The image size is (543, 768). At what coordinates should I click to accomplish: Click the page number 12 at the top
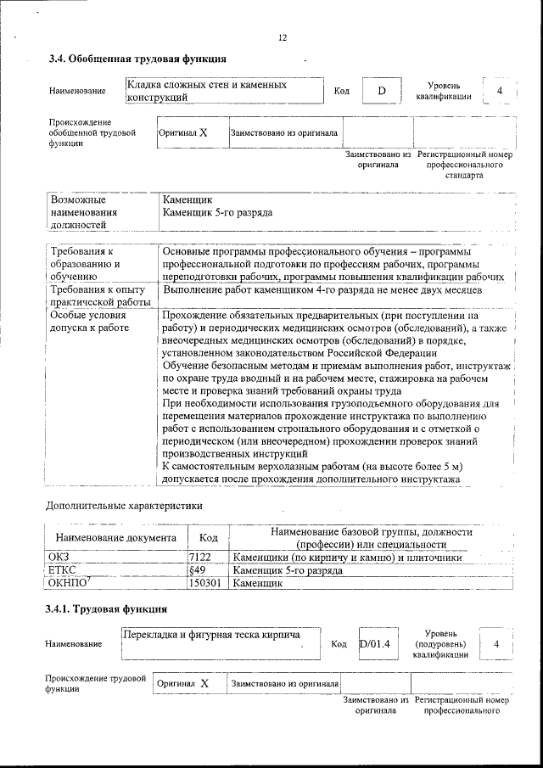[x=283, y=37]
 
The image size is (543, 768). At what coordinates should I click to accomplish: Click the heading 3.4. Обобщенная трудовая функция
[x=137, y=59]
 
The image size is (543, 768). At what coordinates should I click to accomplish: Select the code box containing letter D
[x=381, y=91]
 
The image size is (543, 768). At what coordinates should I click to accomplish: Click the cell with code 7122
[x=199, y=558]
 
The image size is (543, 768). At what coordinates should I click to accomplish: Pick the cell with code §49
[x=197, y=571]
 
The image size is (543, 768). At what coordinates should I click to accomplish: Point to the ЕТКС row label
[x=64, y=571]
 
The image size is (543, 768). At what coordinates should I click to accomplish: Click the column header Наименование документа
[x=115, y=538]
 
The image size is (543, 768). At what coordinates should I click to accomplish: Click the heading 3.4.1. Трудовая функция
[x=105, y=609]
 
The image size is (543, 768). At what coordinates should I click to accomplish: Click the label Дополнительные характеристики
[x=124, y=507]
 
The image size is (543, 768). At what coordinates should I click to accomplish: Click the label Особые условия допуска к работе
[x=90, y=322]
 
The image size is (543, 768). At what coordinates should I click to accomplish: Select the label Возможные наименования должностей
[x=84, y=212]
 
